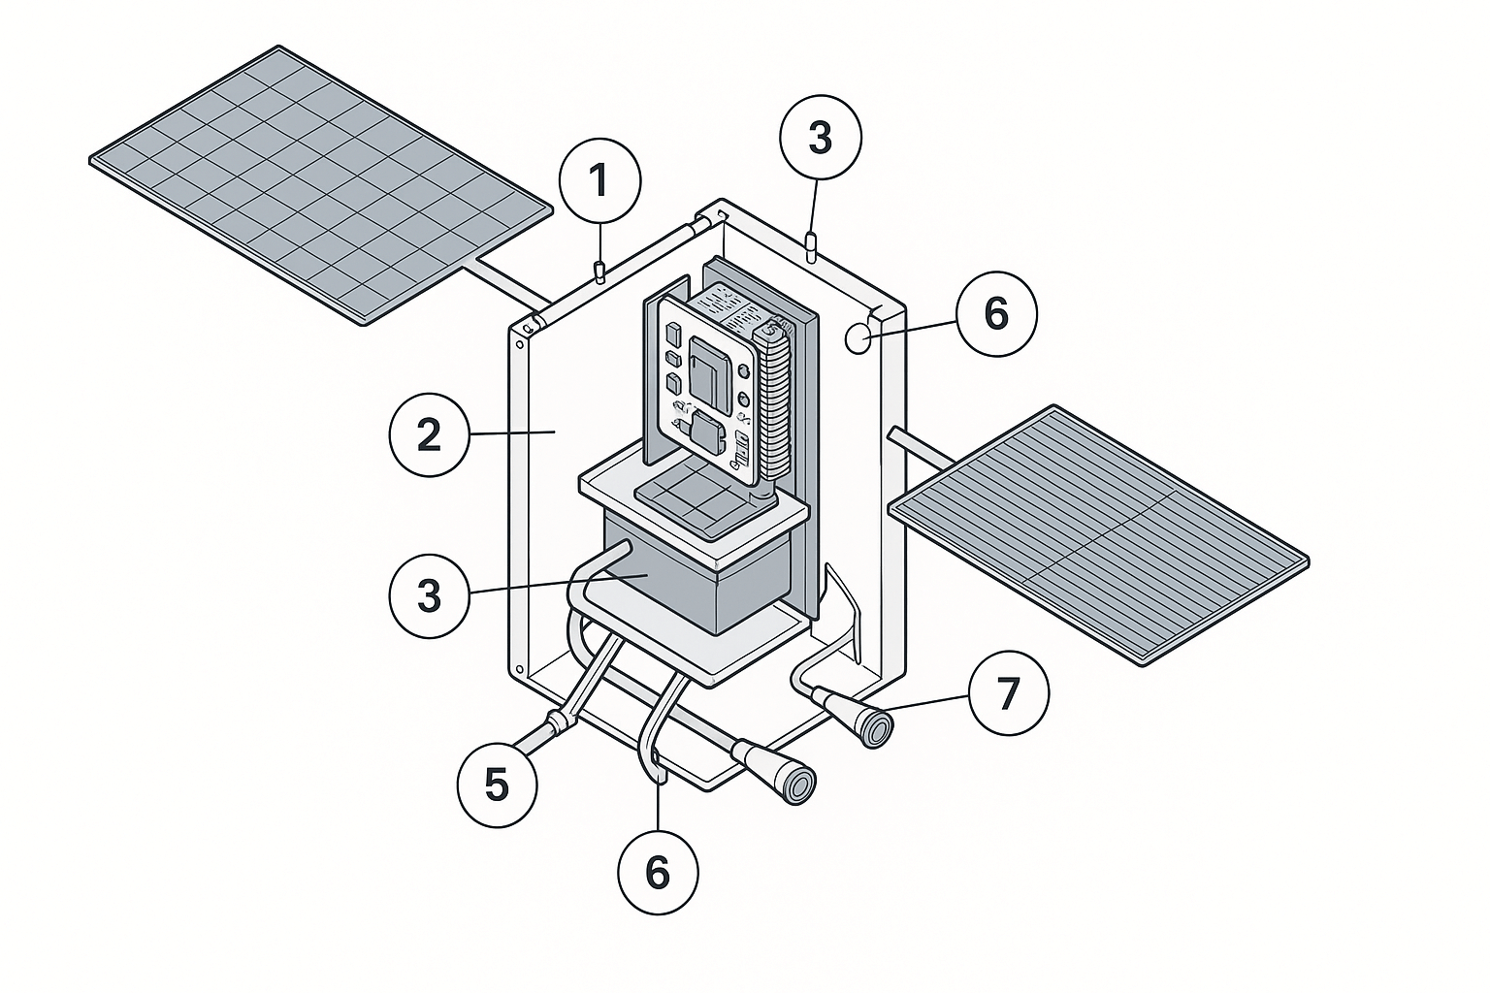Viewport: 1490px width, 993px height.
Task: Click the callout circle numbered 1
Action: coord(600,181)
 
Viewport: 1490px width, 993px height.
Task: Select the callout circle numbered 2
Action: coord(430,435)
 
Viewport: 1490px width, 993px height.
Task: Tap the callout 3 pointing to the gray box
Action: coord(430,595)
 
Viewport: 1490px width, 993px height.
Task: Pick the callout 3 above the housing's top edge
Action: coord(820,138)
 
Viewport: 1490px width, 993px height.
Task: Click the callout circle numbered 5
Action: coord(497,785)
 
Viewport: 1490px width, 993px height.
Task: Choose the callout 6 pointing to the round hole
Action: coord(996,313)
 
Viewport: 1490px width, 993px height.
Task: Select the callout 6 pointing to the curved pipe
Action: coord(658,873)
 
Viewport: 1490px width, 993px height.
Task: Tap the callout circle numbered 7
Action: coord(1009,693)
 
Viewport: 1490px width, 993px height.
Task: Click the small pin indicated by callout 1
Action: coord(600,272)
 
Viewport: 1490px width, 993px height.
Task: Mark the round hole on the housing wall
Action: coord(858,338)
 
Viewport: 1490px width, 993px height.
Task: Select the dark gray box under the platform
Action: coord(698,582)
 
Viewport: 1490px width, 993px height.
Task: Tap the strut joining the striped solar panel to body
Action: coord(926,447)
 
